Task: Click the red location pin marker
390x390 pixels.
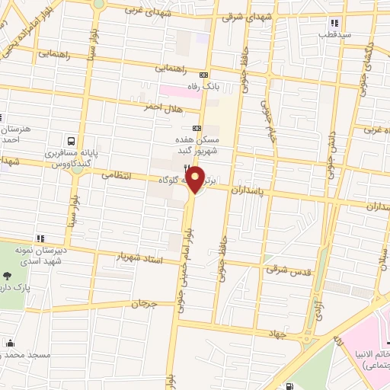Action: coord(196,181)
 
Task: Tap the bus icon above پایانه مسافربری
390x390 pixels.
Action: coord(71,141)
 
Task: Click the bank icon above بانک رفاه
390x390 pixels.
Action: coord(203,75)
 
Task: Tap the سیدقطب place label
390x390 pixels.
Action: coord(334,34)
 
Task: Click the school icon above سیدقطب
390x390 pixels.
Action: coord(325,22)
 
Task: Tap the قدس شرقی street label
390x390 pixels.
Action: coord(283,270)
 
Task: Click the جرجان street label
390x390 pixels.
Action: coord(142,304)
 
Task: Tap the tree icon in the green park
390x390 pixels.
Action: coord(8,276)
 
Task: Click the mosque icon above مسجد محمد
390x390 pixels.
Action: coord(10,344)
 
